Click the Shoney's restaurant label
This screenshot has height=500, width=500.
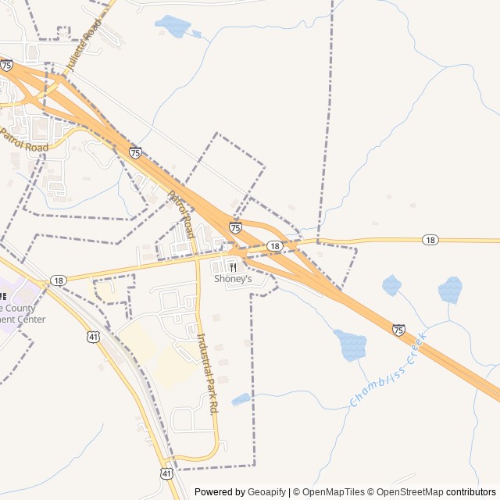point(233,279)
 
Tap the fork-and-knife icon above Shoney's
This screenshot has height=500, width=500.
point(233,267)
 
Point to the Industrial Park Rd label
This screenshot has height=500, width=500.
point(207,373)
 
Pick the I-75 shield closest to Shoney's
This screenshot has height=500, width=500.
point(235,227)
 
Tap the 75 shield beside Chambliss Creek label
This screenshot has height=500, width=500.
point(399,330)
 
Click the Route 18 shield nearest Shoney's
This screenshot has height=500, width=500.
point(274,246)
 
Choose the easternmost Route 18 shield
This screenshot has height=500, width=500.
point(430,240)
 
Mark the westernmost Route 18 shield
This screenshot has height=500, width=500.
point(59,280)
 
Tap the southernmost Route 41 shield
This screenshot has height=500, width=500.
point(167,473)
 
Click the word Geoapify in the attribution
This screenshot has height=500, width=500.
point(267,492)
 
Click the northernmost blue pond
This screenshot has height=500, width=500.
point(173,27)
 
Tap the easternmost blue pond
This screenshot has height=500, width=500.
point(450,290)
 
